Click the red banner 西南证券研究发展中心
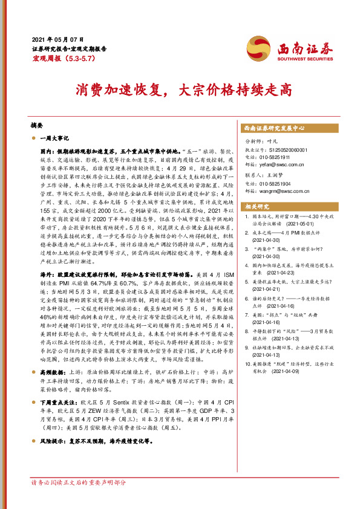point(273,128)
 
